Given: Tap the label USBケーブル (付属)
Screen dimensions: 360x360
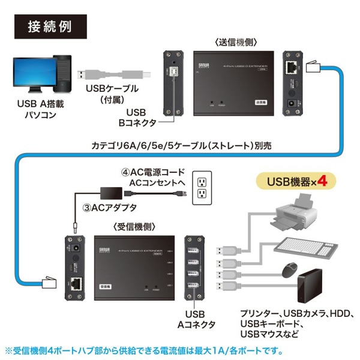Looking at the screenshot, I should pos(112,94).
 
